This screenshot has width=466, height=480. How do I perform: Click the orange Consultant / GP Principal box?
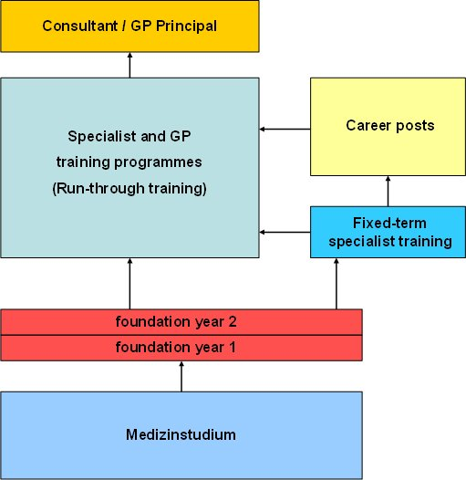[x=129, y=26]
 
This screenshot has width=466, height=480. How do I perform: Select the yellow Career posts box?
[x=388, y=127]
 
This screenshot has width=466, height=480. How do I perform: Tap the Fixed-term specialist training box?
[x=388, y=232]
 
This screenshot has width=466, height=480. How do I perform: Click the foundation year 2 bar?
[x=181, y=322]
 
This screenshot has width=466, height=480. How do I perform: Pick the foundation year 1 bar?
[x=181, y=348]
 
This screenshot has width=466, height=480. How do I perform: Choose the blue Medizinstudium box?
[x=181, y=435]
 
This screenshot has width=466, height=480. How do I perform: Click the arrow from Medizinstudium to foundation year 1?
[x=181, y=377]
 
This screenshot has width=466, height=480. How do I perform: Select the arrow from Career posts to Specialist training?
[x=285, y=130]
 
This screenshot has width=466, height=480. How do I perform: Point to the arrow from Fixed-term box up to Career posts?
[x=388, y=191]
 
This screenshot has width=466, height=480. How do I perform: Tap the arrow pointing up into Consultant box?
[x=129, y=65]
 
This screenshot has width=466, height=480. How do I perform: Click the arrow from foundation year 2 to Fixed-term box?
[x=337, y=284]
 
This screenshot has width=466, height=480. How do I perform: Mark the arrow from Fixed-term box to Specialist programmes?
[x=285, y=233]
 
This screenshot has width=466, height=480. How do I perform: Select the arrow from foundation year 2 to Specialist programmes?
[x=129, y=284]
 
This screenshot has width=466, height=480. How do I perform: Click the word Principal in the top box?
[x=186, y=26]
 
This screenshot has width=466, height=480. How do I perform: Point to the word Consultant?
[x=80, y=26]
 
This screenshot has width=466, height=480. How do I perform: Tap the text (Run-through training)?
[x=129, y=189]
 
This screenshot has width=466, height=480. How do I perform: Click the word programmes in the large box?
[x=158, y=162]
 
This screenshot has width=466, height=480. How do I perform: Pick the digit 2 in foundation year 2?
[x=233, y=322]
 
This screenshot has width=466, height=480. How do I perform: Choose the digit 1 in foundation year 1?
[x=233, y=348]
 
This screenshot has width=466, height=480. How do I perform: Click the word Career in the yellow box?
[x=365, y=126]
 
